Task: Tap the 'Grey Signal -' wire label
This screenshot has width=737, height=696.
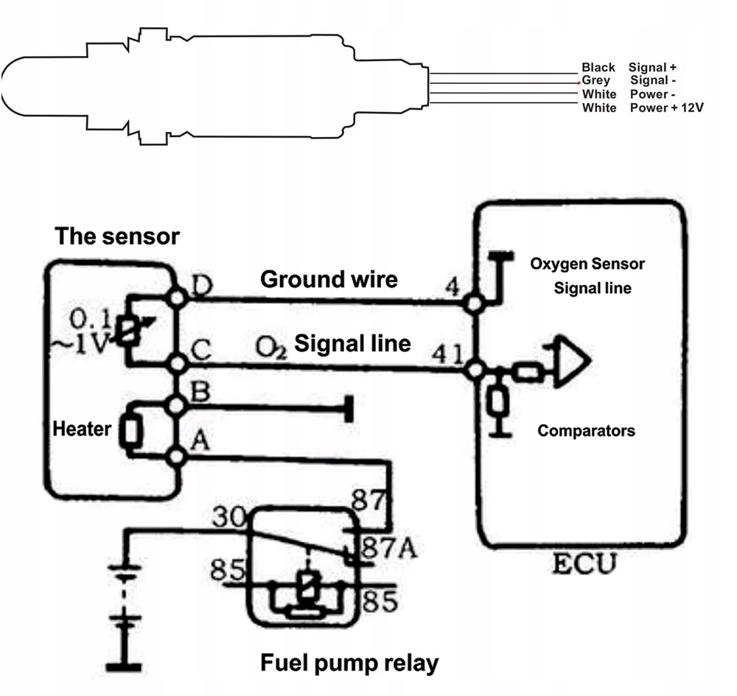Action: coord(629,80)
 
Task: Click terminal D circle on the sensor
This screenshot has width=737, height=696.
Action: coord(177,297)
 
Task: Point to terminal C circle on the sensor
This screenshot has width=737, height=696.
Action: coord(177,363)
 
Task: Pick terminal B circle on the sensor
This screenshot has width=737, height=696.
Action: coord(177,404)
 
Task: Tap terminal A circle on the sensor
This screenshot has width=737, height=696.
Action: coord(177,457)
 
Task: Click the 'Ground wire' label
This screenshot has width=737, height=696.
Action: coord(329,279)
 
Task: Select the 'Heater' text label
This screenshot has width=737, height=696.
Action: coord(82,429)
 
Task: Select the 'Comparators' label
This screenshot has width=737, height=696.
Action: coord(586,430)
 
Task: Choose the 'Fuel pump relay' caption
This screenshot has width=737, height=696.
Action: coord(349,663)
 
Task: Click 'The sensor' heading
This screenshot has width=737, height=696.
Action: coord(117,236)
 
